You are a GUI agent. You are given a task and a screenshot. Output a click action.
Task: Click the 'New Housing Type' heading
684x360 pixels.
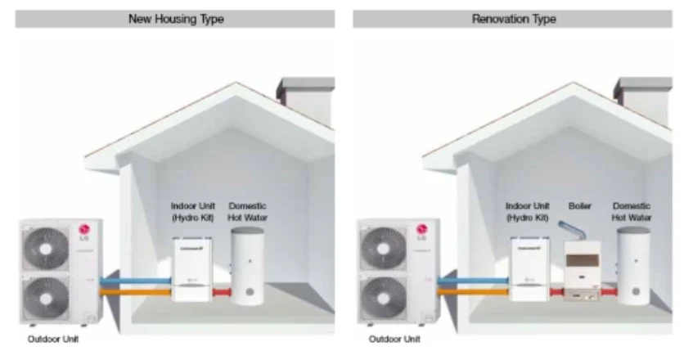[174, 18]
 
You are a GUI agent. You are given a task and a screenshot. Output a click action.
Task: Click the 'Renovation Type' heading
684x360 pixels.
[513, 18]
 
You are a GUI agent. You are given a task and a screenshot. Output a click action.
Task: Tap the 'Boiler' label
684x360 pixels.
[579, 206]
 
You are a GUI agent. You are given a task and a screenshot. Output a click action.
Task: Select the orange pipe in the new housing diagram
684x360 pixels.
[134, 290]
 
